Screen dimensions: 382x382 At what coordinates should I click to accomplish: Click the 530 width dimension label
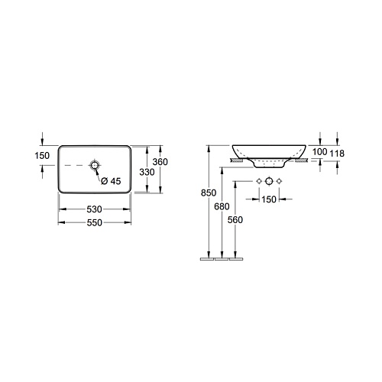[x=94, y=209]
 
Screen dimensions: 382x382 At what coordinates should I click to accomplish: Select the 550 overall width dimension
[x=95, y=223]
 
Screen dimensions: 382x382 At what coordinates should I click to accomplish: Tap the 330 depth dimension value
[x=147, y=172]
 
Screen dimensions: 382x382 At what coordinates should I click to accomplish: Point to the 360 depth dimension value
[x=160, y=162]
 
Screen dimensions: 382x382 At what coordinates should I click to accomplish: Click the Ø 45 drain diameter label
[x=111, y=181]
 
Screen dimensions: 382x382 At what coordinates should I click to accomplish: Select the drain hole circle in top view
[x=95, y=166]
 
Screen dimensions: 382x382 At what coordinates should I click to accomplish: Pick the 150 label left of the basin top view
[x=42, y=156]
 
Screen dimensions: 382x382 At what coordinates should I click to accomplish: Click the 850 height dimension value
[x=209, y=193]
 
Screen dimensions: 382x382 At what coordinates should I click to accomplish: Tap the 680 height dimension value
[x=222, y=206]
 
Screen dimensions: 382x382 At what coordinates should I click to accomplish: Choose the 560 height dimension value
[x=235, y=220]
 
